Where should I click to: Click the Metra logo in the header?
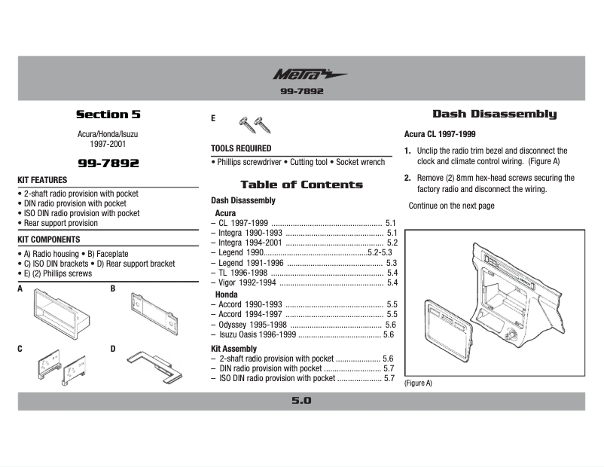coord(309,75)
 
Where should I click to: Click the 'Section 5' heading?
coord(108,114)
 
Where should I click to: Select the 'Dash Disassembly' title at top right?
coord(494,114)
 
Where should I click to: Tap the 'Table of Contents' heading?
coord(301,185)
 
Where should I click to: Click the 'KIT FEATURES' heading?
coord(42,180)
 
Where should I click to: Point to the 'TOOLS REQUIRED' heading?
coord(241,148)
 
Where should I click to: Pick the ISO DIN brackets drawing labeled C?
coord(60,368)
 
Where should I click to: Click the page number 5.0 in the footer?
coord(301,401)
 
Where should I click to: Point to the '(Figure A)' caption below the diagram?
coord(419,383)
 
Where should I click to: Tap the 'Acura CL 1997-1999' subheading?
coord(440,134)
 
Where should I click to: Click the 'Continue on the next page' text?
coord(452,206)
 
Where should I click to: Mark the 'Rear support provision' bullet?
coord(58,223)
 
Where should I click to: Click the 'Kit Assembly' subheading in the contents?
coord(233,349)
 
